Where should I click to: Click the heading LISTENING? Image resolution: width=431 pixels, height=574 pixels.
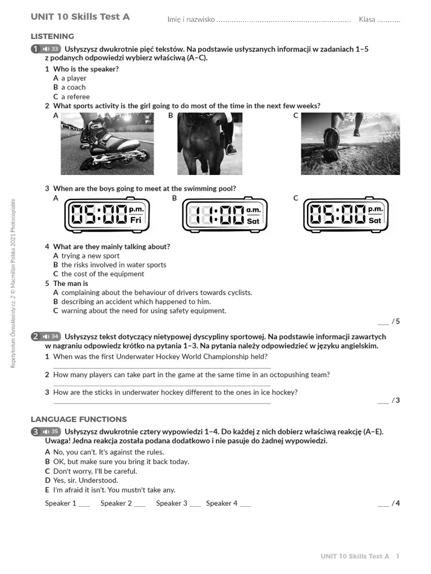tap(52, 36)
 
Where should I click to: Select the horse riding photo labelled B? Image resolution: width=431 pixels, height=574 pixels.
tap(210, 143)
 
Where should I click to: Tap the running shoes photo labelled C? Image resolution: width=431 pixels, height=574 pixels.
tap(350, 143)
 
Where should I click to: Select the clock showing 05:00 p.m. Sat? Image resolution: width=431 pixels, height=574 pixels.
tap(346, 215)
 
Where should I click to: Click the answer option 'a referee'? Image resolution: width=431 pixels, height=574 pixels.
tap(75, 96)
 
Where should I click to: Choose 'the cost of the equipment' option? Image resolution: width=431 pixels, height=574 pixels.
tap(103, 274)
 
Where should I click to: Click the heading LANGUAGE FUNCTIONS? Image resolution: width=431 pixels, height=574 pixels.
tap(79, 419)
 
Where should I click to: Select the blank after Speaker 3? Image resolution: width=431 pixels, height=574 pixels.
tap(195, 504)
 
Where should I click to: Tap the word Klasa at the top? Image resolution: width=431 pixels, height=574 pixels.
tap(367, 20)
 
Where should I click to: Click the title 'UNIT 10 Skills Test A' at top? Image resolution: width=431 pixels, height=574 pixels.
tap(80, 17)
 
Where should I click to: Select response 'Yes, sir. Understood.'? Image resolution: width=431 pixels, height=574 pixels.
tap(90, 480)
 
